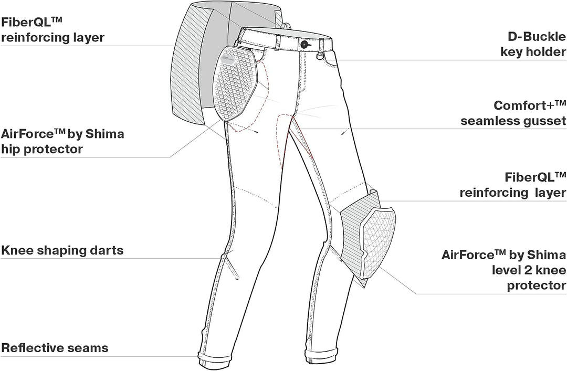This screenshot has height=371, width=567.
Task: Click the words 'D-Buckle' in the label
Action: (537, 37)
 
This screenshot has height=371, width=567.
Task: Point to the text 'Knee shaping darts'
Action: (62, 250)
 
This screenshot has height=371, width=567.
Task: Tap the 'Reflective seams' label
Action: (55, 348)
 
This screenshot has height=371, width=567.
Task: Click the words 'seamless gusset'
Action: (513, 121)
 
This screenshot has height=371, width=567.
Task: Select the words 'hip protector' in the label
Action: (42, 149)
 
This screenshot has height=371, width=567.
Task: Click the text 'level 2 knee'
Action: (529, 270)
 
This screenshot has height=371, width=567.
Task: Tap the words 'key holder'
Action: (533, 52)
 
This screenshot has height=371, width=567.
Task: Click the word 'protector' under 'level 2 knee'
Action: (536, 285)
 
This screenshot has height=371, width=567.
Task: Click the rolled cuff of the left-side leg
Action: (211, 359)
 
